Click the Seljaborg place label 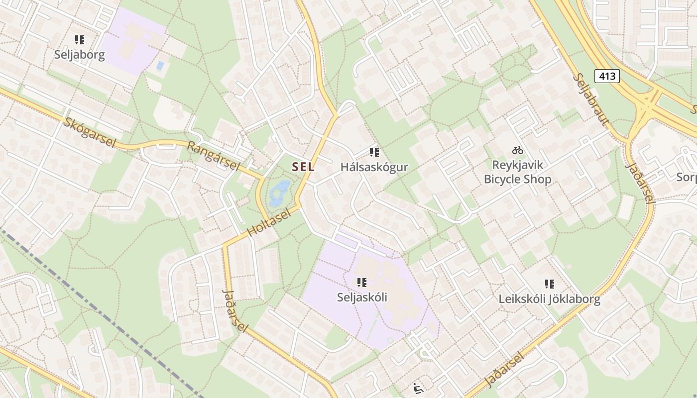[80, 55]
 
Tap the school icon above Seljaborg [80, 40]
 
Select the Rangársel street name [214, 156]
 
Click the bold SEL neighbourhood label [303, 167]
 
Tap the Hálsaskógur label [374, 167]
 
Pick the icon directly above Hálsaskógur [374, 152]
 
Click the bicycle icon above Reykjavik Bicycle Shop [518, 150]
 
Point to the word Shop [537, 179]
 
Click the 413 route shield [607, 76]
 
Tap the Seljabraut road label [591, 100]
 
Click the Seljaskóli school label [362, 298]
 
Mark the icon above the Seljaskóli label [362, 283]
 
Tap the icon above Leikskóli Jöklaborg [550, 284]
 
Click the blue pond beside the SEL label [279, 194]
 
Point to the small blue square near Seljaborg [160, 65]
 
